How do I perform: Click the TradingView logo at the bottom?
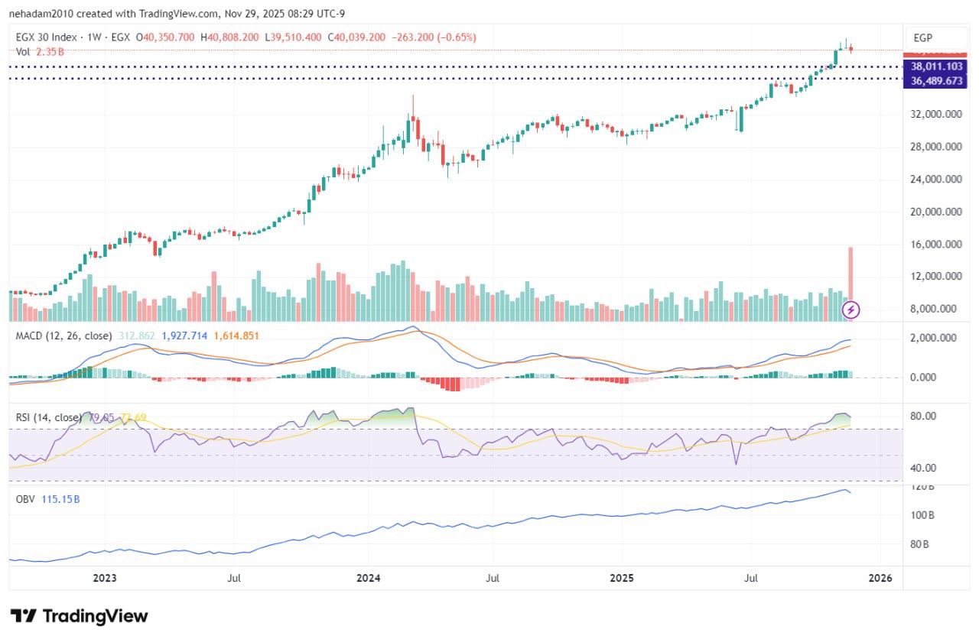coord(79,616)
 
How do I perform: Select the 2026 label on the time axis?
coord(880,579)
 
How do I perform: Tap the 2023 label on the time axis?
coord(105,579)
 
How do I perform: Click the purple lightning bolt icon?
coord(851,310)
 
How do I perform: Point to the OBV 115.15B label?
coord(48,499)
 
